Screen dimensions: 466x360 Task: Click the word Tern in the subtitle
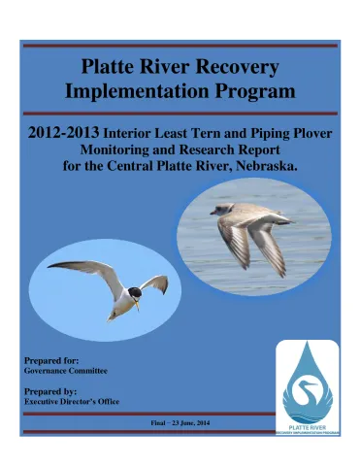pyautogui.click(x=223, y=138)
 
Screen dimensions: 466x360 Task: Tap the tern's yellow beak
pyautogui.click(x=137, y=306)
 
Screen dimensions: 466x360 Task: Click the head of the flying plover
pyautogui.click(x=222, y=209)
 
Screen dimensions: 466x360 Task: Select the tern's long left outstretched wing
pyautogui.click(x=83, y=267)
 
